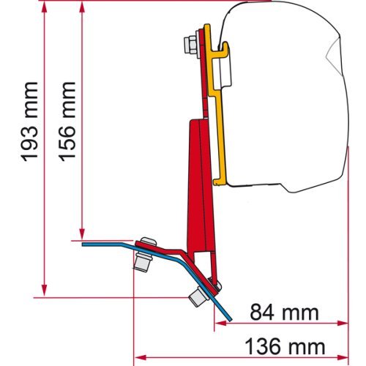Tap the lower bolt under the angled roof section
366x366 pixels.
point(197,296)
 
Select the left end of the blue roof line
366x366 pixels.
point(83,243)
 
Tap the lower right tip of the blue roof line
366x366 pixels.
point(232,318)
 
